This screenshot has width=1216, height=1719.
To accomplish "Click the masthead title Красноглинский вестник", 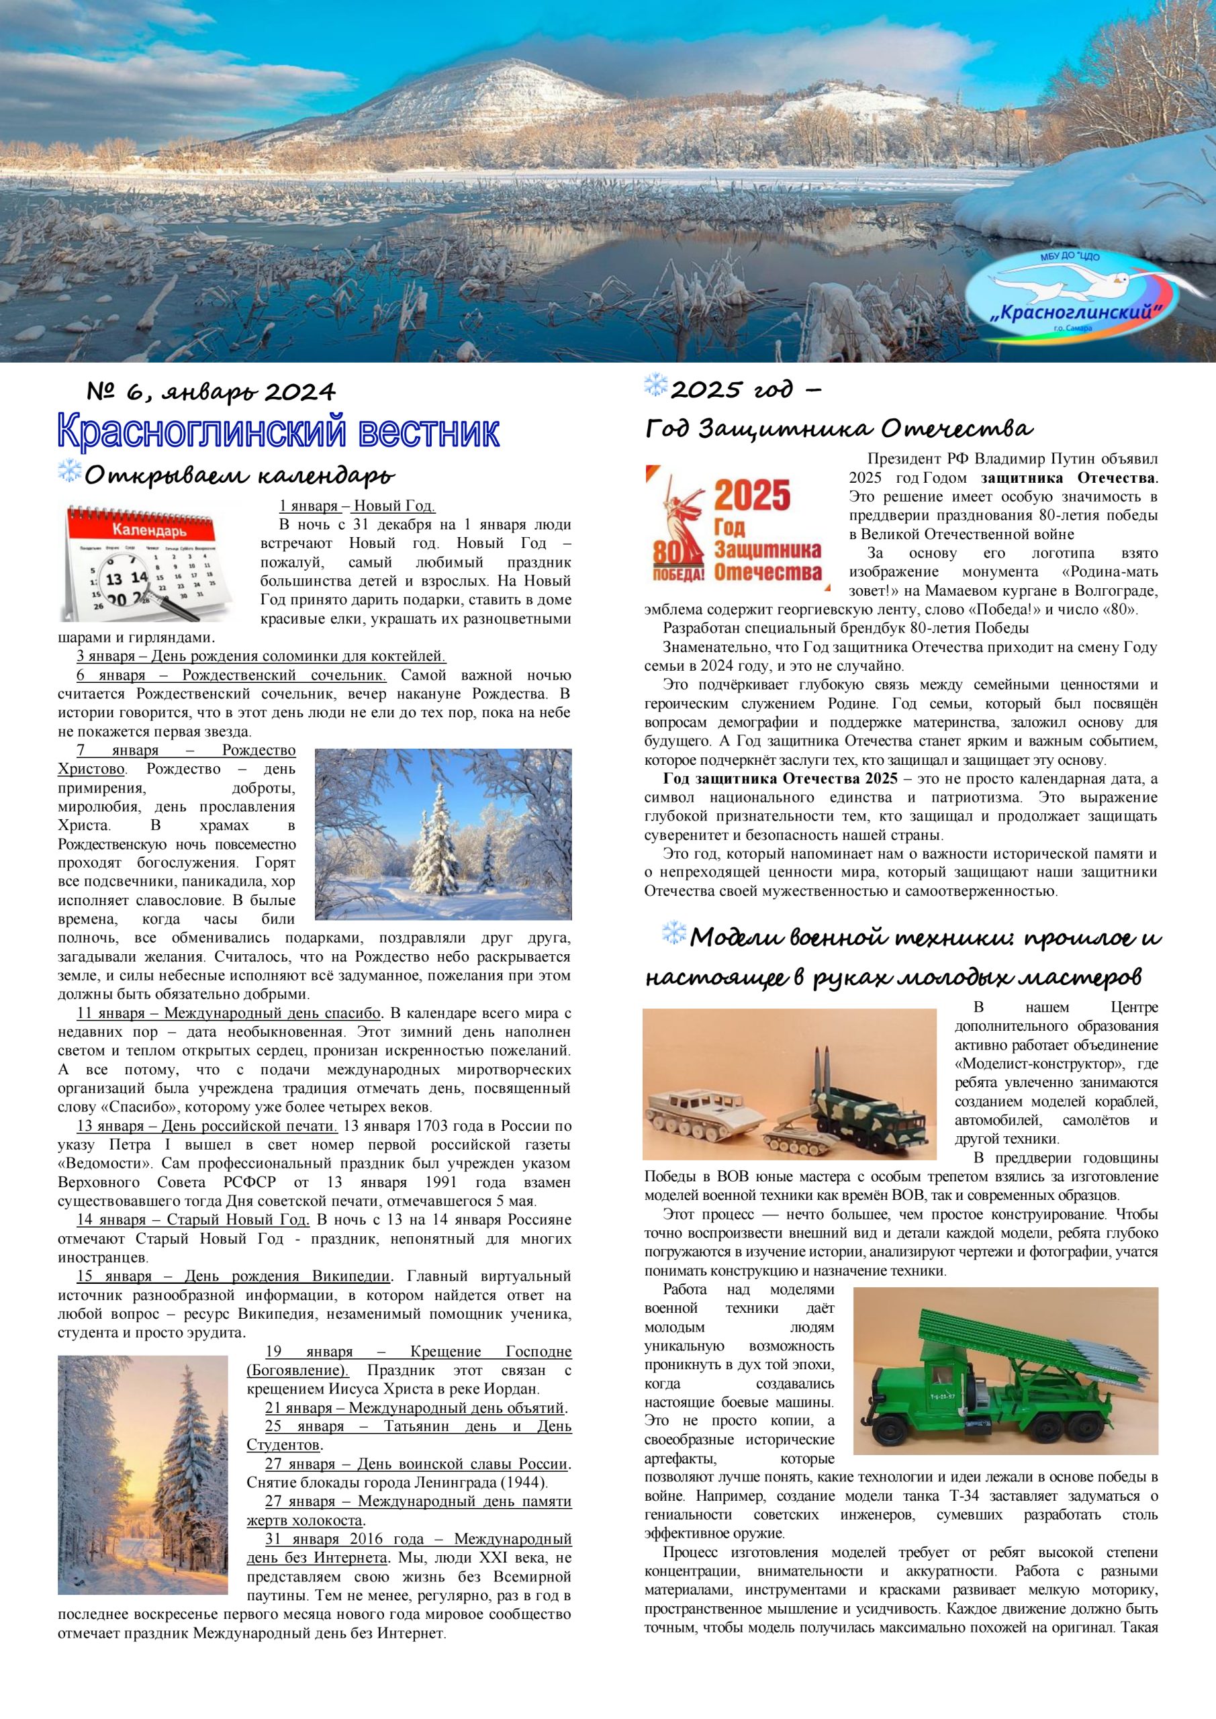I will click(278, 432).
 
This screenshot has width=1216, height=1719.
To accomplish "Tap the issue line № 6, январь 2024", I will click(211, 391).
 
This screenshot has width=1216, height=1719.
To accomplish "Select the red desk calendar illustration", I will click(148, 561).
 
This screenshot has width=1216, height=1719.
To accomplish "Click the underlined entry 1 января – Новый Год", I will click(357, 506).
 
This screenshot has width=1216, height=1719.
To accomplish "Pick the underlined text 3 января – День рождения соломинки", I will click(261, 657).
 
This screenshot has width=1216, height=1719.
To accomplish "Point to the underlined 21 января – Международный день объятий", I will click(416, 1407).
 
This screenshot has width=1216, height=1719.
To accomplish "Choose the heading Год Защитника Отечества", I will click(839, 428).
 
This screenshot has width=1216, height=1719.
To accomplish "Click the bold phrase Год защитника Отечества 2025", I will click(780, 779).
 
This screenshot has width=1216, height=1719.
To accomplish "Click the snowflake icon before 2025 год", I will click(655, 385).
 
